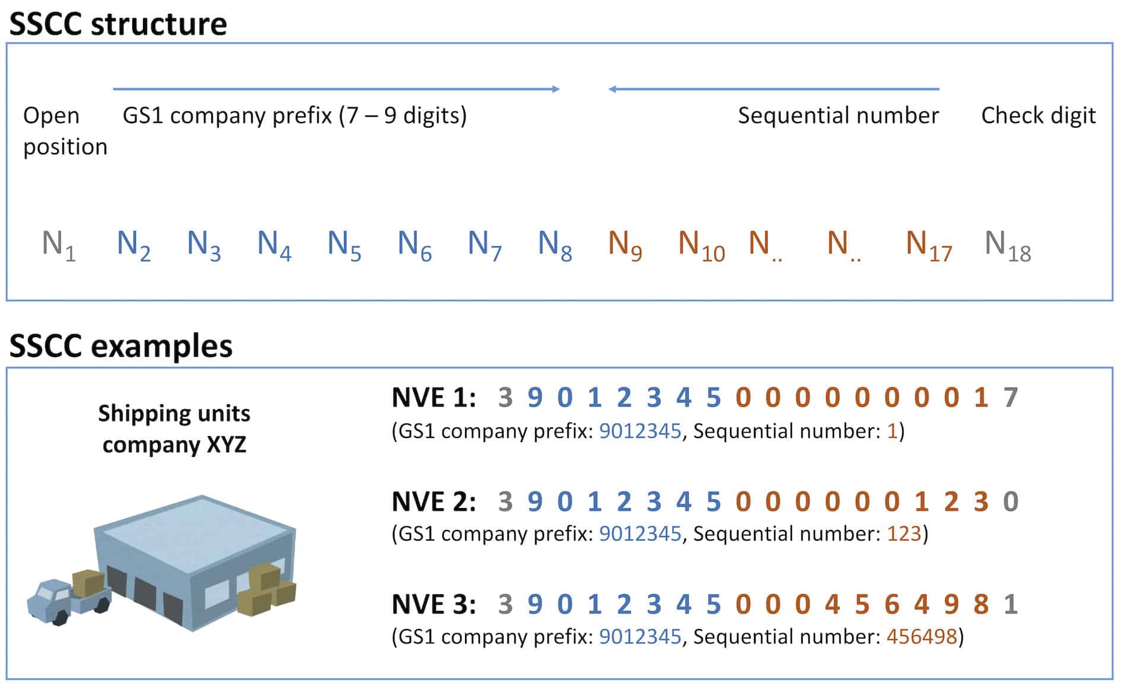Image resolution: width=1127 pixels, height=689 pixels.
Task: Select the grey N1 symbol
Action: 59,245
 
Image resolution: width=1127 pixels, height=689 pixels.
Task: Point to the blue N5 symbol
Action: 344,245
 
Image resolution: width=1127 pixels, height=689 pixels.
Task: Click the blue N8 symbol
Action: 555,245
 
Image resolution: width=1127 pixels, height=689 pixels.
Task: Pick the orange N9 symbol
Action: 625,245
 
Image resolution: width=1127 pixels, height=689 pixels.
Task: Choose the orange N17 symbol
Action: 928,245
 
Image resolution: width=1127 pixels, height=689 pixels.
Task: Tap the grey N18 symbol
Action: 1007,245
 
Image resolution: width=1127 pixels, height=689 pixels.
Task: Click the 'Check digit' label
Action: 1038,115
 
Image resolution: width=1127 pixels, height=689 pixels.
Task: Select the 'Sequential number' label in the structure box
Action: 838,115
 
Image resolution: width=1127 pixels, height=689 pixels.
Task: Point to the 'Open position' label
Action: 65,131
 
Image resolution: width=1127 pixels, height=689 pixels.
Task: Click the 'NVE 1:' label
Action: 434,398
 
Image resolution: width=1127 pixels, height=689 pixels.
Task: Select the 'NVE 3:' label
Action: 434,604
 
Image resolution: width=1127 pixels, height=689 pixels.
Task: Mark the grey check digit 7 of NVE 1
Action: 1011,398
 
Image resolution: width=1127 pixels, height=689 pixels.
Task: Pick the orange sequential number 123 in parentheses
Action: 904,534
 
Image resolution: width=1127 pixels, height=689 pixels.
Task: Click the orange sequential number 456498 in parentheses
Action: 921,636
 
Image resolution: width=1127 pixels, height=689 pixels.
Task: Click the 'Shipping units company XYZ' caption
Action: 174,428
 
